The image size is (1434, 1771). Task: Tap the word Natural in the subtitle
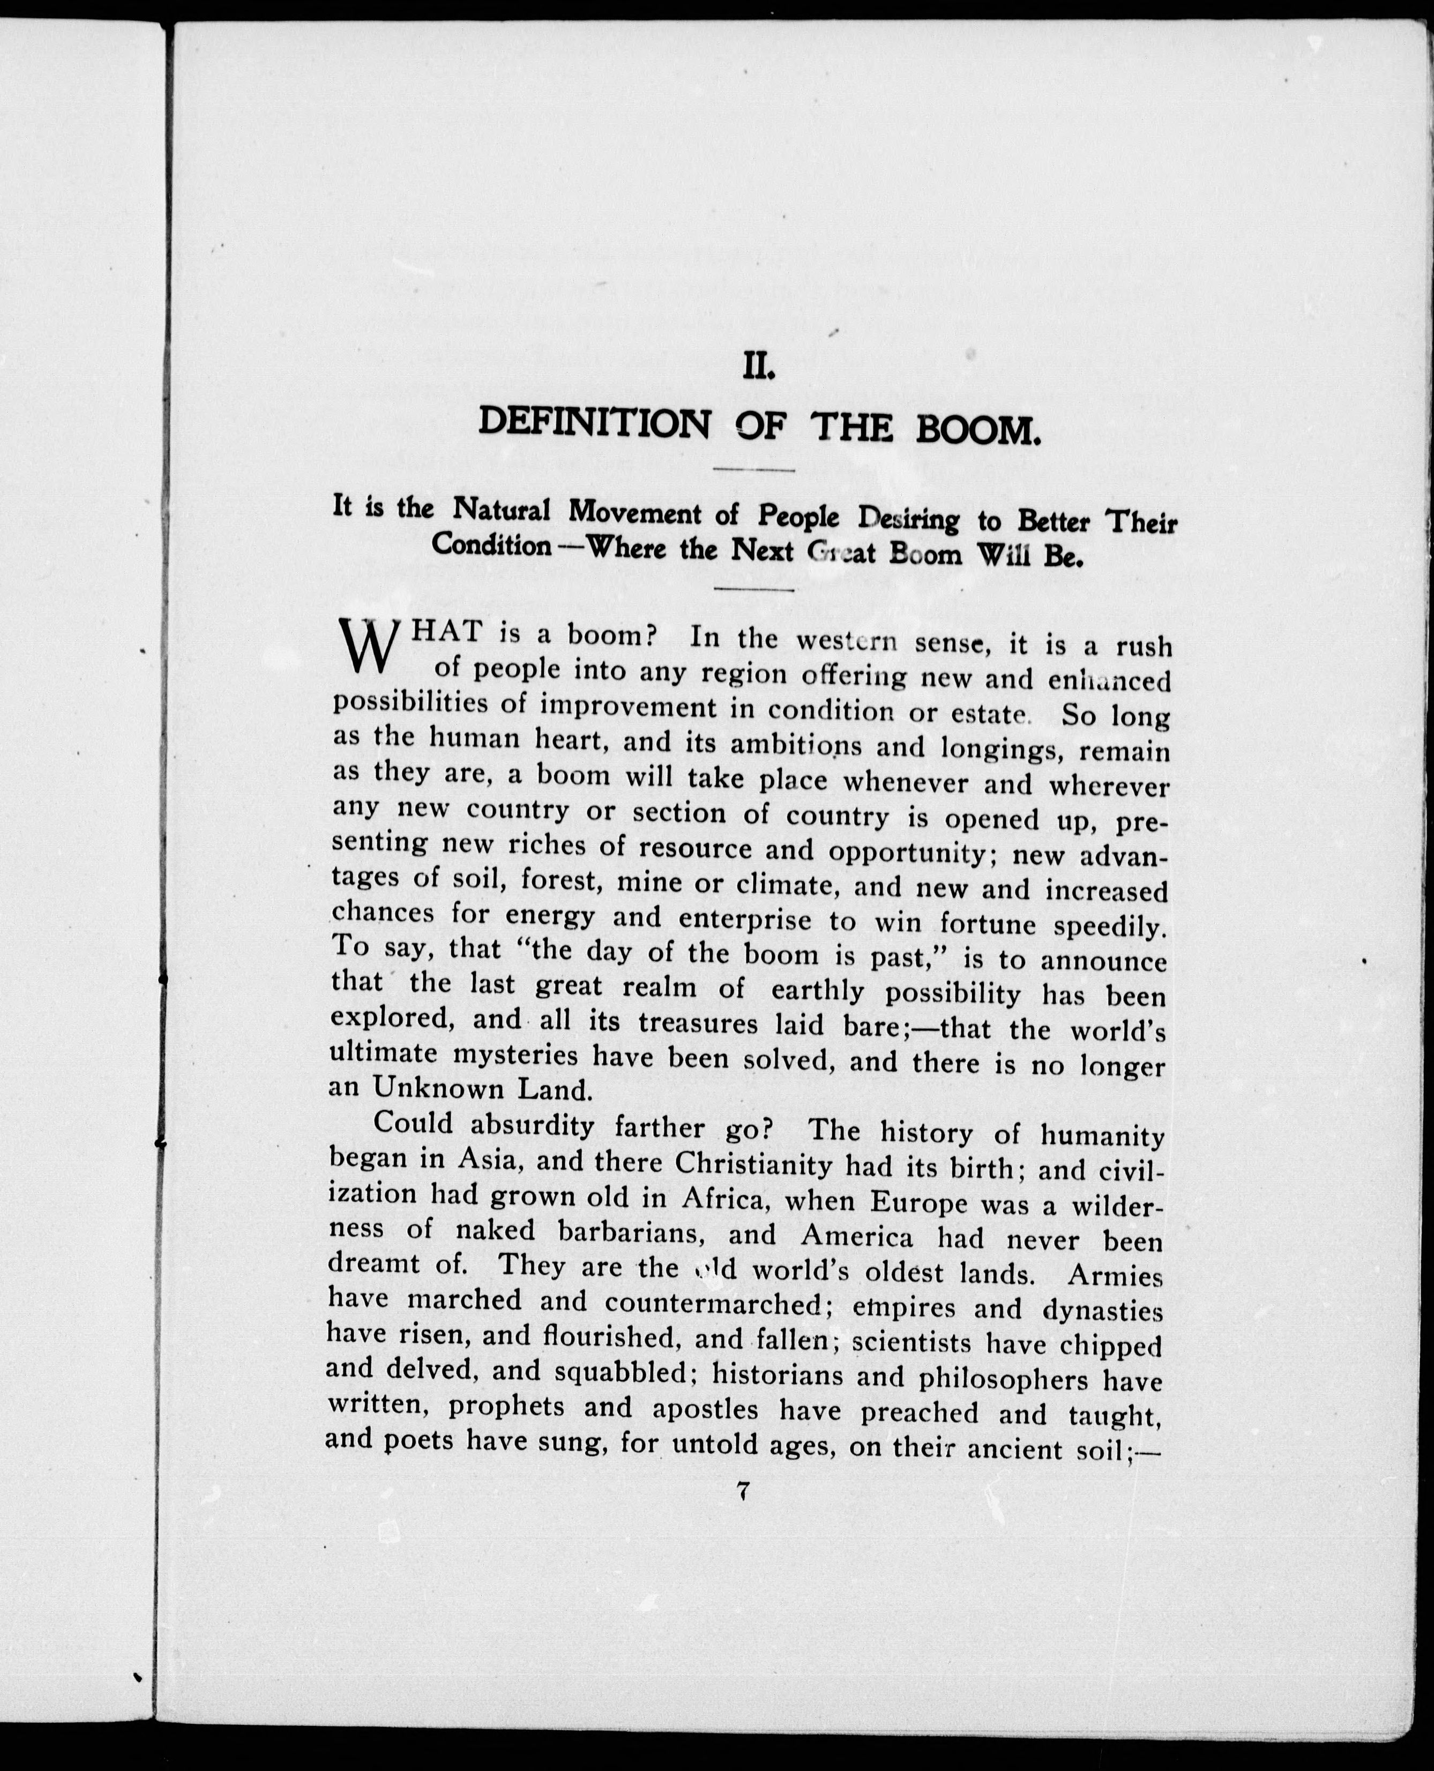(502, 511)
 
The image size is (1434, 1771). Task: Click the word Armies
(1115, 1275)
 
